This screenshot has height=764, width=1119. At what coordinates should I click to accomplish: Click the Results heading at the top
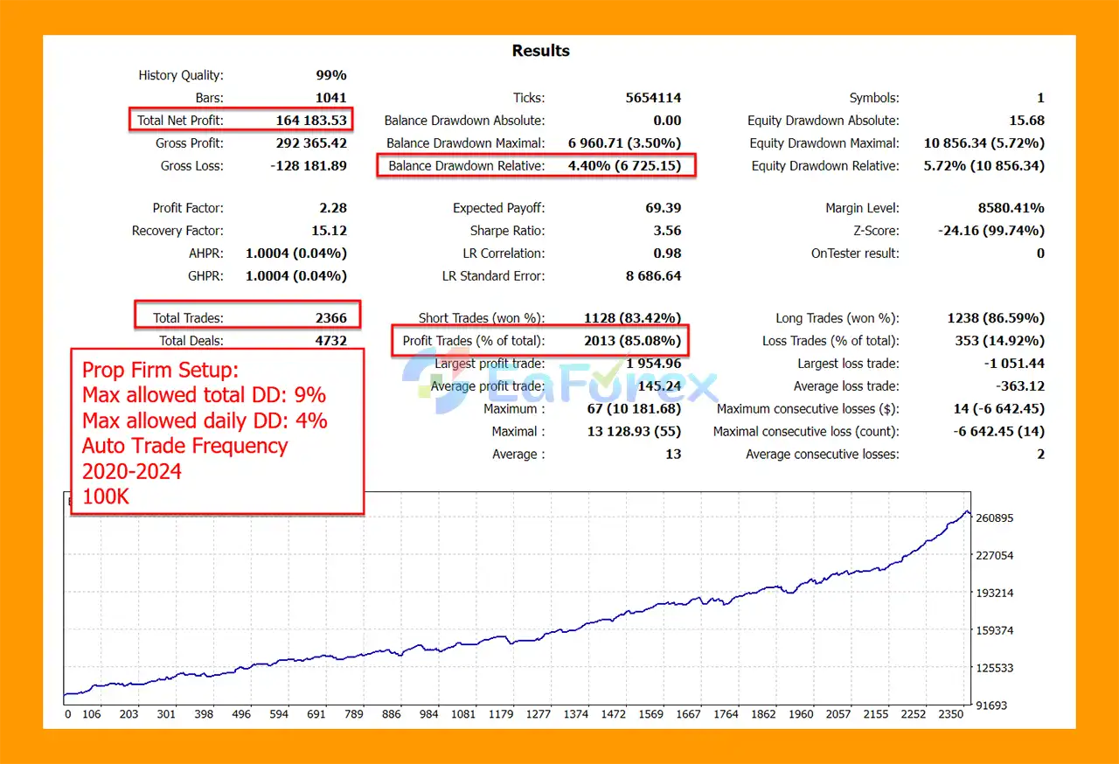[540, 51]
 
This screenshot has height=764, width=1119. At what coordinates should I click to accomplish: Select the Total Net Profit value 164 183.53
[310, 121]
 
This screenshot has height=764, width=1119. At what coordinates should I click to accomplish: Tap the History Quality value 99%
[330, 75]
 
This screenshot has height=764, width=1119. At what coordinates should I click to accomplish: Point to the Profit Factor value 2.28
[333, 208]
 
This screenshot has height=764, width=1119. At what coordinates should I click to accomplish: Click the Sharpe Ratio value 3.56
[667, 231]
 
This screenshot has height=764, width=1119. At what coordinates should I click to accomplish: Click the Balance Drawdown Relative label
[466, 166]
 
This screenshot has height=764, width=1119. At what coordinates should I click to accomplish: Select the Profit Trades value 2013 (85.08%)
[632, 341]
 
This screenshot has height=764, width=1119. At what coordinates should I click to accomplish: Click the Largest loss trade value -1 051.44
[1014, 364]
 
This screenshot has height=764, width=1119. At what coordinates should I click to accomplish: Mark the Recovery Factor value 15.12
[329, 231]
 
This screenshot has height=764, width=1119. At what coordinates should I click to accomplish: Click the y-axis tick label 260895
[994, 518]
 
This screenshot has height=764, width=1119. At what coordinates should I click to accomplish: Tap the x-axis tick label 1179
[501, 714]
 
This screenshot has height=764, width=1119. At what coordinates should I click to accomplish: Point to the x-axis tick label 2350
[950, 714]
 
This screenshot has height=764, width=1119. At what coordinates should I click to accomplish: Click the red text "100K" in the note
[108, 497]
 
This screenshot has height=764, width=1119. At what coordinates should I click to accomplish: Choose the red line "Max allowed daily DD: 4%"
[205, 420]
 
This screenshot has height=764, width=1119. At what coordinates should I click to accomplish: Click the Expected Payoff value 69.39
[664, 208]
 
